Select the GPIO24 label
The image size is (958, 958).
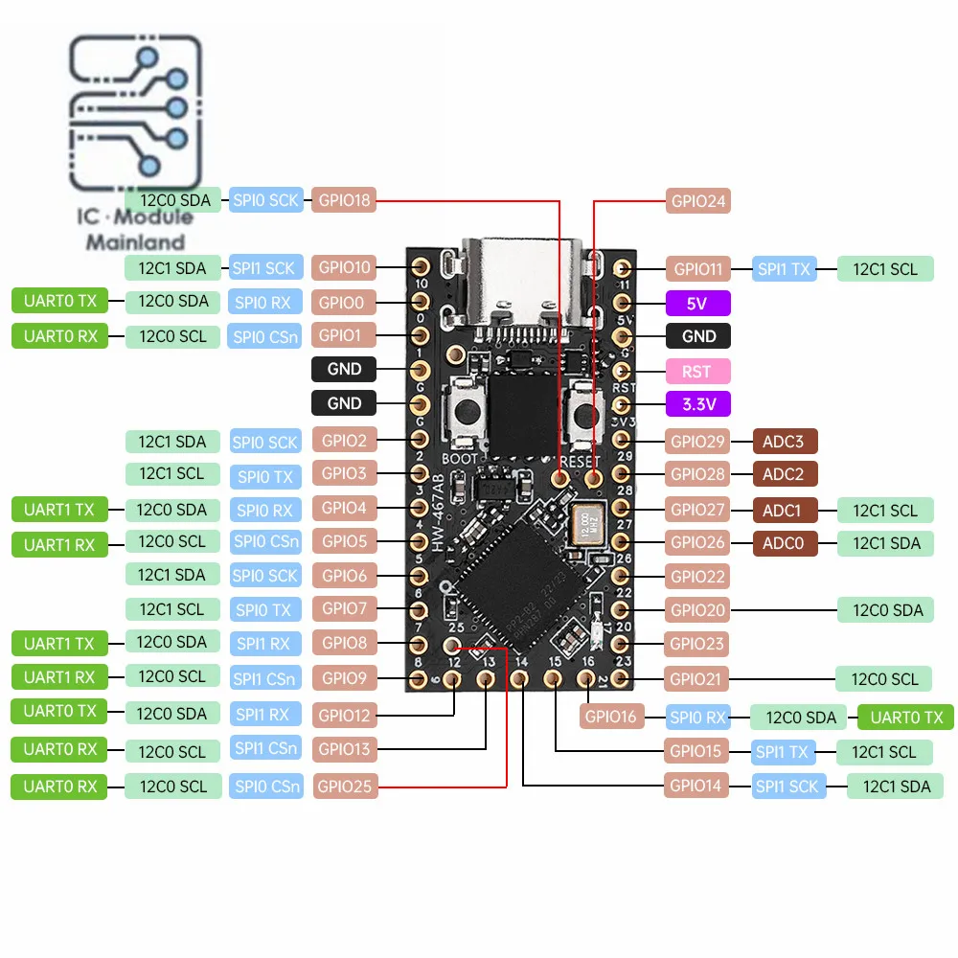(697, 201)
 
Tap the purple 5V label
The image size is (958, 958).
(697, 304)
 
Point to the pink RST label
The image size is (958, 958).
(697, 371)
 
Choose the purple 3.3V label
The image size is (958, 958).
(697, 404)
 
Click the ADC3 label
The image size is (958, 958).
(785, 442)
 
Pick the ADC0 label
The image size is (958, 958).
(785, 543)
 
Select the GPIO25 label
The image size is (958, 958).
(345, 787)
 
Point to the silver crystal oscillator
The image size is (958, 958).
(587, 529)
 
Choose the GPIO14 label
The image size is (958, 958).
(697, 787)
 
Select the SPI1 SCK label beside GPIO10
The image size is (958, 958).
(266, 267)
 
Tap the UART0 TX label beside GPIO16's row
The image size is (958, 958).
(905, 717)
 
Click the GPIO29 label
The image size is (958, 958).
(697, 442)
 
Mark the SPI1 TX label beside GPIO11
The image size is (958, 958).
(785, 269)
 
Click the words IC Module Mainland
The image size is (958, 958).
(135, 230)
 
